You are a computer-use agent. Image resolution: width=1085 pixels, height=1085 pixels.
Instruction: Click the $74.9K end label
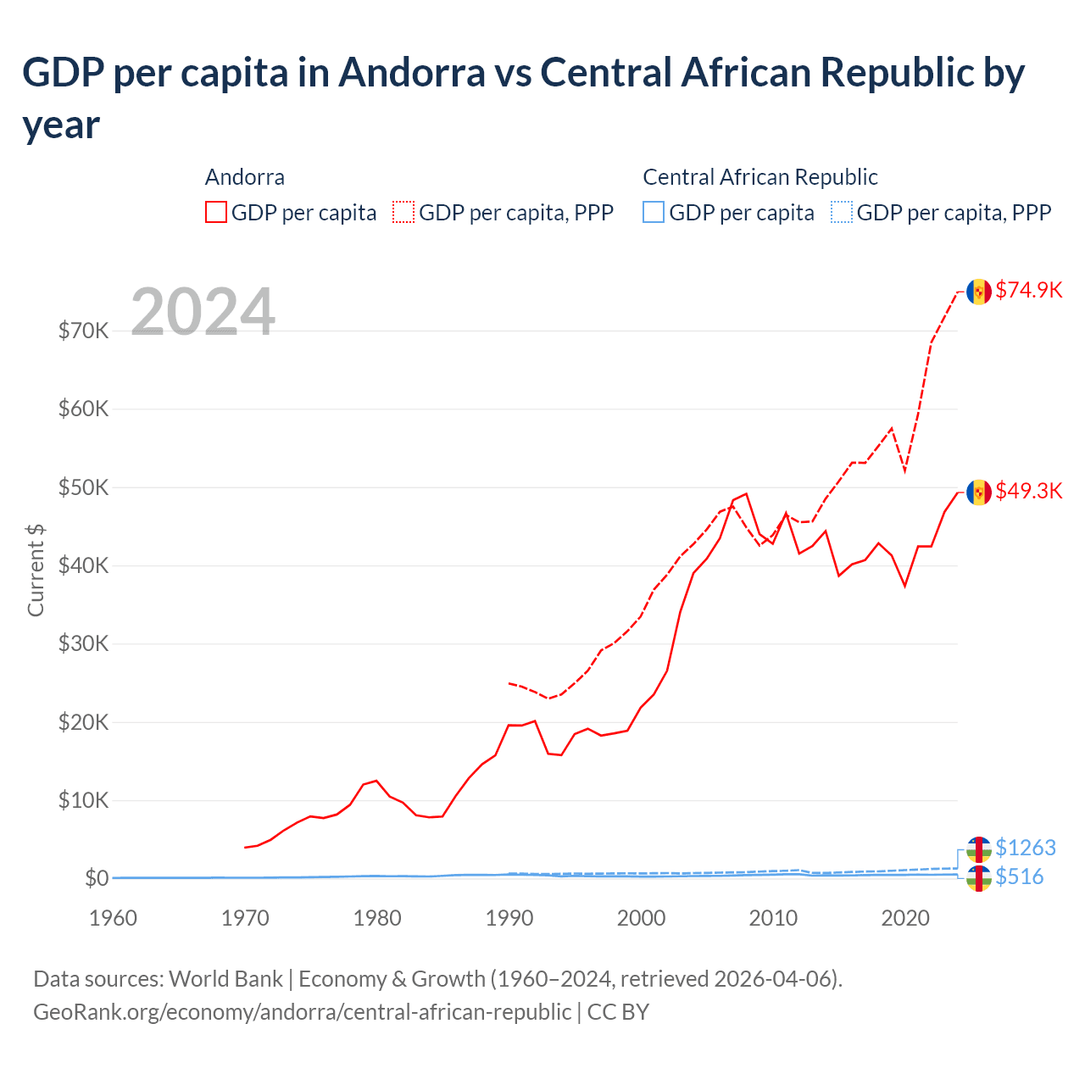click(1028, 290)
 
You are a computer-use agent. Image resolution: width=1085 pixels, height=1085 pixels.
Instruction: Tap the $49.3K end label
click(1028, 491)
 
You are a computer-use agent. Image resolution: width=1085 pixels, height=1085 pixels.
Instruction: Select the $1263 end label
click(1025, 848)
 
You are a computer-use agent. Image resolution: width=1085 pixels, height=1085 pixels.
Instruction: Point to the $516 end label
click(1019, 876)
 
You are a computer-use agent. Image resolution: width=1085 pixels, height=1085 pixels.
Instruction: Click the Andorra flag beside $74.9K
click(979, 292)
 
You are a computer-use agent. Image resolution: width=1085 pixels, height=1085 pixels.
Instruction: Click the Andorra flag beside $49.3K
click(979, 492)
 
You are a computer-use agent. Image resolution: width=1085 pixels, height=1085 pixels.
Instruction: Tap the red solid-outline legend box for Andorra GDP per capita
click(216, 212)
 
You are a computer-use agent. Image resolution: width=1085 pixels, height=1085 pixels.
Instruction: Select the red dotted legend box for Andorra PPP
click(403, 212)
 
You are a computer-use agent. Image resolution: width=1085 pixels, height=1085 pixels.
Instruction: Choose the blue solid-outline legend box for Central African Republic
click(654, 212)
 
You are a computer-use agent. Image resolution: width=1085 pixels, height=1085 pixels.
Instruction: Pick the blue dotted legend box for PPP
click(842, 212)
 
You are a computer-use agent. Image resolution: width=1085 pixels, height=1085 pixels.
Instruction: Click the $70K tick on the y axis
click(83, 331)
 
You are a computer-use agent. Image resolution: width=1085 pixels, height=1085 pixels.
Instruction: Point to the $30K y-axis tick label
click(83, 643)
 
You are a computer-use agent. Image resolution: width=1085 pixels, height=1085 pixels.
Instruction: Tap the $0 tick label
click(96, 878)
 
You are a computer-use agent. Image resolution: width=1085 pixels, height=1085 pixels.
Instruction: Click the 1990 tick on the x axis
click(509, 918)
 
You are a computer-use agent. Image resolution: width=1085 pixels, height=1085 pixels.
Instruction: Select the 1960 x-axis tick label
click(113, 918)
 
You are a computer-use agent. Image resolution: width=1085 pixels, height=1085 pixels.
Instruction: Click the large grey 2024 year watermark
click(203, 312)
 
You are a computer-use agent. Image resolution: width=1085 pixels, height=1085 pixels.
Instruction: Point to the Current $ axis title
click(36, 570)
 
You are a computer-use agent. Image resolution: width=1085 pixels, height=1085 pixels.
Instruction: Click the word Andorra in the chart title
click(412, 73)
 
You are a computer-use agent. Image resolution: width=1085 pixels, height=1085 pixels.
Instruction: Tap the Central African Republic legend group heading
click(759, 177)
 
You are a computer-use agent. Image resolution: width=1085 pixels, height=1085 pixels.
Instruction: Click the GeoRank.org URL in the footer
click(302, 1012)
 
